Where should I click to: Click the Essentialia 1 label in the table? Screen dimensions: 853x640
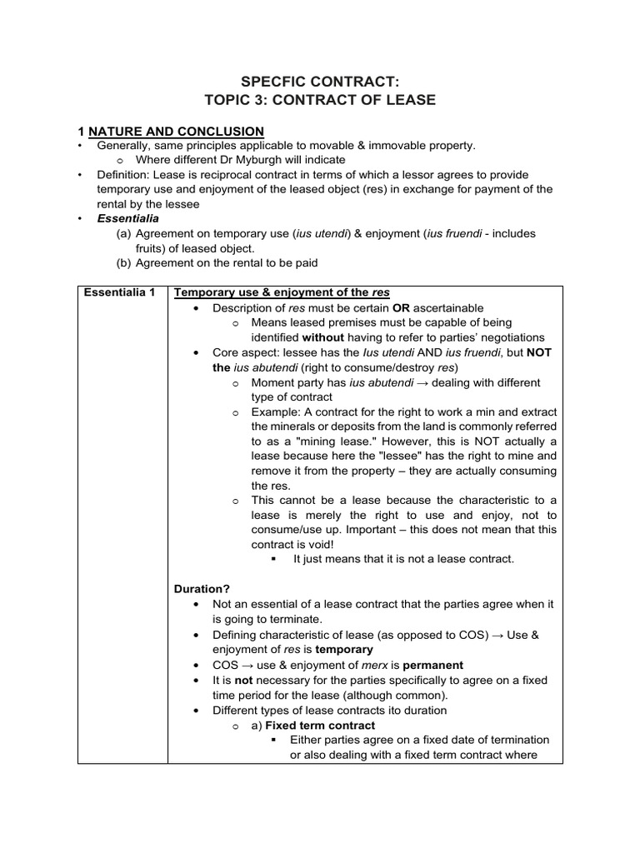pyautogui.click(x=122, y=292)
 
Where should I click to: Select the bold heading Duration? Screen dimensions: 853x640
pyautogui.click(x=201, y=589)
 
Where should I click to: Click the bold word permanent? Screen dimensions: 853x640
pyautogui.click(x=432, y=665)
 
